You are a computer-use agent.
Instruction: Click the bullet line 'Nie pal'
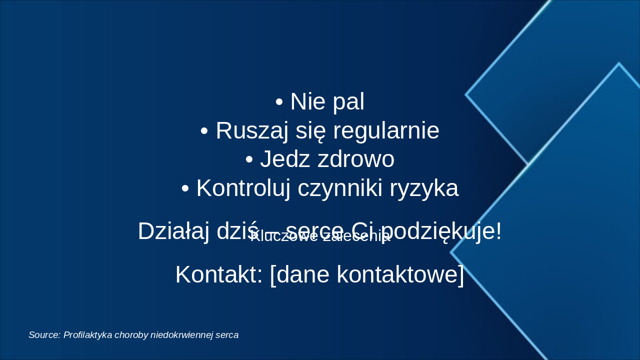tap(320, 102)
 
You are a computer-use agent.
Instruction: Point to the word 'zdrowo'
tap(352, 160)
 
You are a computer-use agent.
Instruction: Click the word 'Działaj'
tap(173, 231)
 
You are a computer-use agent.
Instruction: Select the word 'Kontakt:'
tap(219, 275)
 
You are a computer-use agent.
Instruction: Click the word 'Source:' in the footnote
tap(44, 335)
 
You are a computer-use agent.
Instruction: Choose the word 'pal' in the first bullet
tap(348, 102)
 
